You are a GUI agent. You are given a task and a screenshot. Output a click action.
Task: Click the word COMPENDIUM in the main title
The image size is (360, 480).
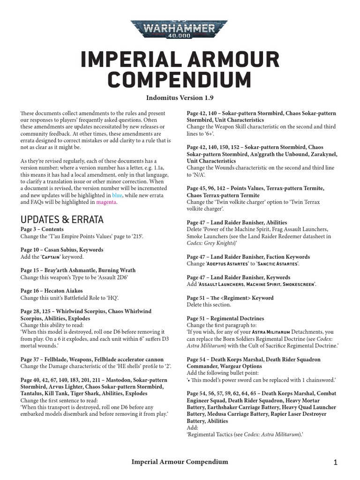(180, 79)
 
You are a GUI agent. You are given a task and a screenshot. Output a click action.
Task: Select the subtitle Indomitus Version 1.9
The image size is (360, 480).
(180, 97)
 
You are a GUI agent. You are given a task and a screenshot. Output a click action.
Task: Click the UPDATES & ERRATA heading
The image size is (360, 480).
(62, 219)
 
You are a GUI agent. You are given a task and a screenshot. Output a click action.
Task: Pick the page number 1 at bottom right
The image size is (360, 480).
(336, 463)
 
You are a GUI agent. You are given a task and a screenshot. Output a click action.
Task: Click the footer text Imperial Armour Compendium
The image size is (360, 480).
(180, 462)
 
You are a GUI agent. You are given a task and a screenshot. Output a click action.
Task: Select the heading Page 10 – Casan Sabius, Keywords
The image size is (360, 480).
(62, 250)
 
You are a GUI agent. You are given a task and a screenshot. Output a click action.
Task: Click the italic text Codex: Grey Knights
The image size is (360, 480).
(211, 243)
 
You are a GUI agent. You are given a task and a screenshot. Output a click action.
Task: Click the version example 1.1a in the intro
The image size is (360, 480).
(159, 161)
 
